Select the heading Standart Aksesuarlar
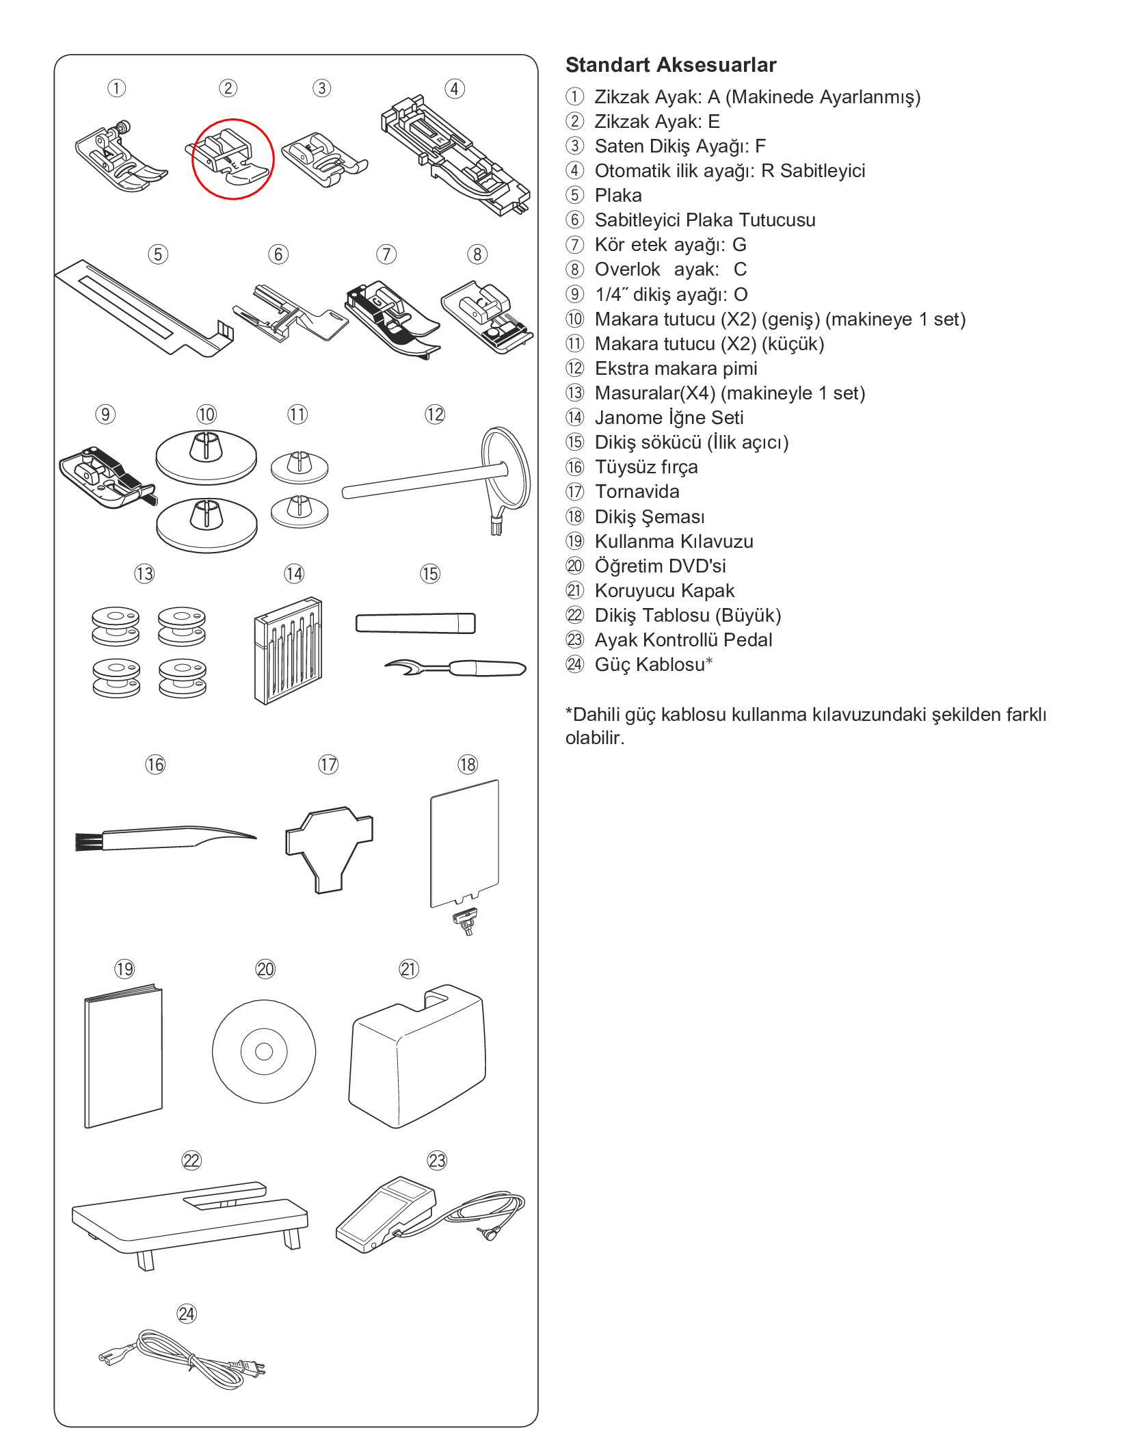point(670,65)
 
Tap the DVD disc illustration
point(264,1051)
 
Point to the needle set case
point(288,650)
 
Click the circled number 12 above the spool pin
point(435,414)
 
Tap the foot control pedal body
point(384,1214)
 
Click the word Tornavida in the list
point(637,492)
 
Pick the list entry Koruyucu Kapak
point(664,590)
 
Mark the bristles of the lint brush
point(88,841)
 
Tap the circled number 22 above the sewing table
point(191,1161)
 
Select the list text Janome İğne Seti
point(668,418)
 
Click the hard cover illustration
point(417,1056)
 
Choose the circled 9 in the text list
point(575,294)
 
